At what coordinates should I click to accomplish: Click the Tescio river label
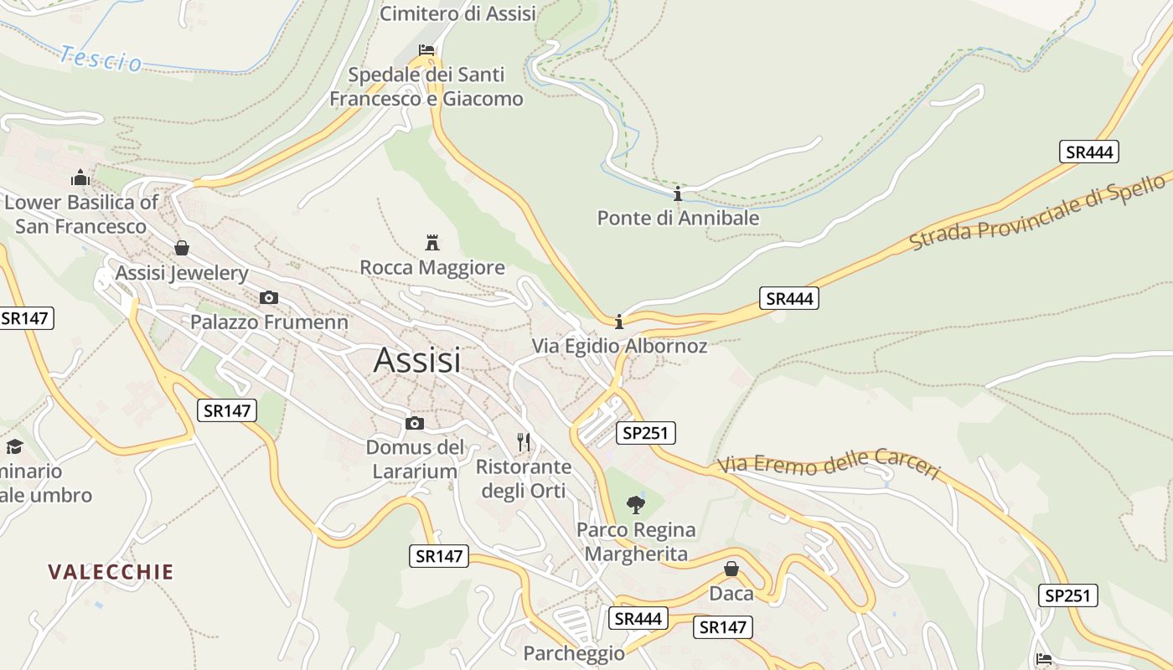[x=101, y=59]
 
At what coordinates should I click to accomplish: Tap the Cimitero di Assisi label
[x=457, y=13]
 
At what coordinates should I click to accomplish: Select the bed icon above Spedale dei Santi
[x=426, y=50]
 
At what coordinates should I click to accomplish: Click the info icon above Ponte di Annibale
[x=678, y=194]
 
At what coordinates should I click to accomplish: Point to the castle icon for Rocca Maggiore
[x=432, y=244]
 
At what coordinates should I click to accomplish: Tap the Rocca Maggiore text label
[x=432, y=267]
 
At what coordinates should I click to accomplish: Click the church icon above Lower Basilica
[x=80, y=178]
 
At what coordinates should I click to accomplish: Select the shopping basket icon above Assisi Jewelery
[x=182, y=248]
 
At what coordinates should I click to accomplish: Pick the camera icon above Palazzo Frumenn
[x=269, y=297]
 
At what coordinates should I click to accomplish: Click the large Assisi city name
[x=417, y=360]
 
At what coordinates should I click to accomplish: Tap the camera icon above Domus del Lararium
[x=414, y=423]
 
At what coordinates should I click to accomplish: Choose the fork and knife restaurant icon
[x=524, y=442]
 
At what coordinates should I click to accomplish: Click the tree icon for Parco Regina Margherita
[x=636, y=504]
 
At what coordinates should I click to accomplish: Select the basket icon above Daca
[x=731, y=569]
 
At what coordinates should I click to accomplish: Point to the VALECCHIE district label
[x=111, y=572]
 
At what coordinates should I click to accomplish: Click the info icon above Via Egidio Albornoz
[x=619, y=322]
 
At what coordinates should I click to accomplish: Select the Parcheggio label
[x=574, y=653]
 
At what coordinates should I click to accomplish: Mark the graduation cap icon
[x=13, y=446]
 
